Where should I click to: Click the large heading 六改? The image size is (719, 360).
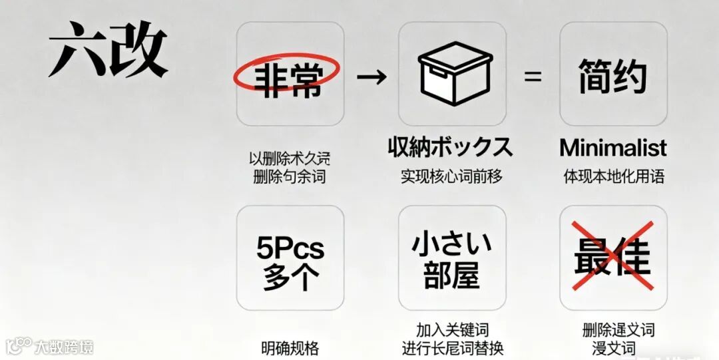click(x=107, y=51)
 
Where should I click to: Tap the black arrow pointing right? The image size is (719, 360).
click(x=371, y=76)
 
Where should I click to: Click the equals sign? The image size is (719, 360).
click(x=533, y=76)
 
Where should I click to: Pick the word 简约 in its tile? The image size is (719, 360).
click(x=612, y=76)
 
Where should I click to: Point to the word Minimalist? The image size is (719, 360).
click(x=612, y=147)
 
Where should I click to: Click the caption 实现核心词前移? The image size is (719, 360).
click(x=451, y=176)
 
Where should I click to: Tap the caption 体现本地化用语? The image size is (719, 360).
click(x=613, y=177)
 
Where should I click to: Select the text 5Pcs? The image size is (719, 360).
click(x=290, y=249)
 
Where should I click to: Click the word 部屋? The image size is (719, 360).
click(x=451, y=275)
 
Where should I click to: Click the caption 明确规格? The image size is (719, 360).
click(x=290, y=347)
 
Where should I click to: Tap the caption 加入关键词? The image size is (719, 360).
click(x=452, y=330)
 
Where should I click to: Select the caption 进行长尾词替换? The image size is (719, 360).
click(x=452, y=347)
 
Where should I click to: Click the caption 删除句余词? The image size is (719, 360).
click(x=290, y=177)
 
